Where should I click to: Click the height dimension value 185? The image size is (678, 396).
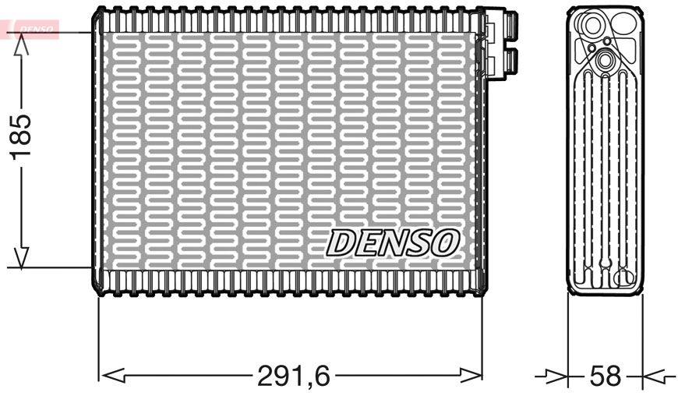pyautogui.click(x=21, y=136)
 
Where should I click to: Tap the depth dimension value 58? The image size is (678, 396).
pyautogui.click(x=606, y=377)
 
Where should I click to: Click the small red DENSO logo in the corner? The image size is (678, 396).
pyautogui.click(x=31, y=28)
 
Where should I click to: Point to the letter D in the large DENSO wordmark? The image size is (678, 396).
pyautogui.click(x=341, y=243)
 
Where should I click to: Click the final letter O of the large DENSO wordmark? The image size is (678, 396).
pyautogui.click(x=444, y=243)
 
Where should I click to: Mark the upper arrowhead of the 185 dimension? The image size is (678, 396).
pyautogui.click(x=21, y=45)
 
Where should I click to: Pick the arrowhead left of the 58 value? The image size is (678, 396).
pyautogui.click(x=555, y=377)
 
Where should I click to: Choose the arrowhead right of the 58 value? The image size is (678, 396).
pyautogui.click(x=653, y=377)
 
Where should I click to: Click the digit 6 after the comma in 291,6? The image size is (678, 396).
pyautogui.click(x=320, y=377)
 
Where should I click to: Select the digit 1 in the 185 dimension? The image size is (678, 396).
pyautogui.click(x=21, y=155)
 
